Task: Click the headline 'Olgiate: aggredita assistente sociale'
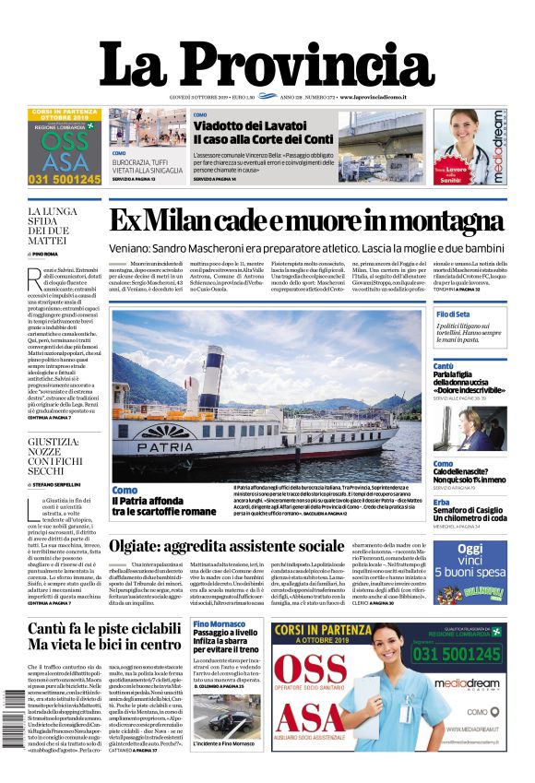tap(227, 545)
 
